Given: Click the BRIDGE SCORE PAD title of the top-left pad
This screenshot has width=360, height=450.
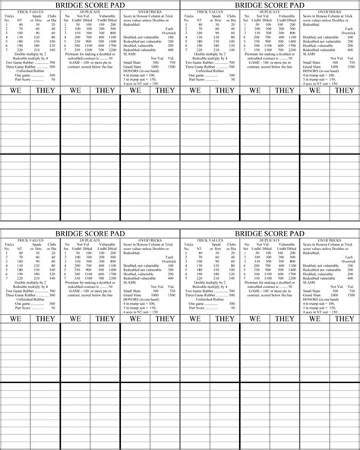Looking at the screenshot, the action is [x=90, y=5].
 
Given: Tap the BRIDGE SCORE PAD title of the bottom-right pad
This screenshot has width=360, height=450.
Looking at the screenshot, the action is [x=270, y=230].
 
